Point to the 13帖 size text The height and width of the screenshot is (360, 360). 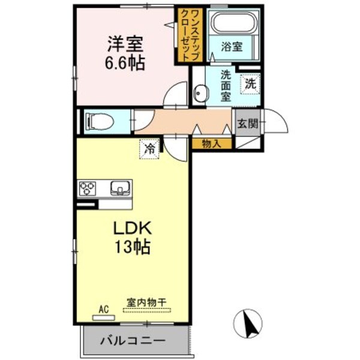[133, 247]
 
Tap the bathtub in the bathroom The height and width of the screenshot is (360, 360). [235, 24]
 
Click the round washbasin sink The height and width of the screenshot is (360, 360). [200, 94]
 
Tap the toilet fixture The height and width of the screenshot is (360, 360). [100, 121]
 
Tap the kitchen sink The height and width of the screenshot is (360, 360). [121, 189]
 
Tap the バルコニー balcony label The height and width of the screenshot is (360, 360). [136, 341]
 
